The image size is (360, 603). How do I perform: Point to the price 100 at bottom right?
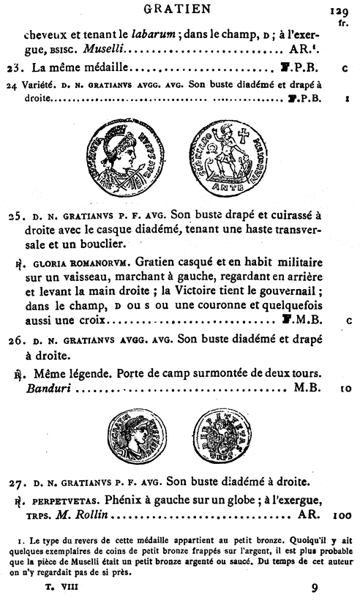coord(341,516)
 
